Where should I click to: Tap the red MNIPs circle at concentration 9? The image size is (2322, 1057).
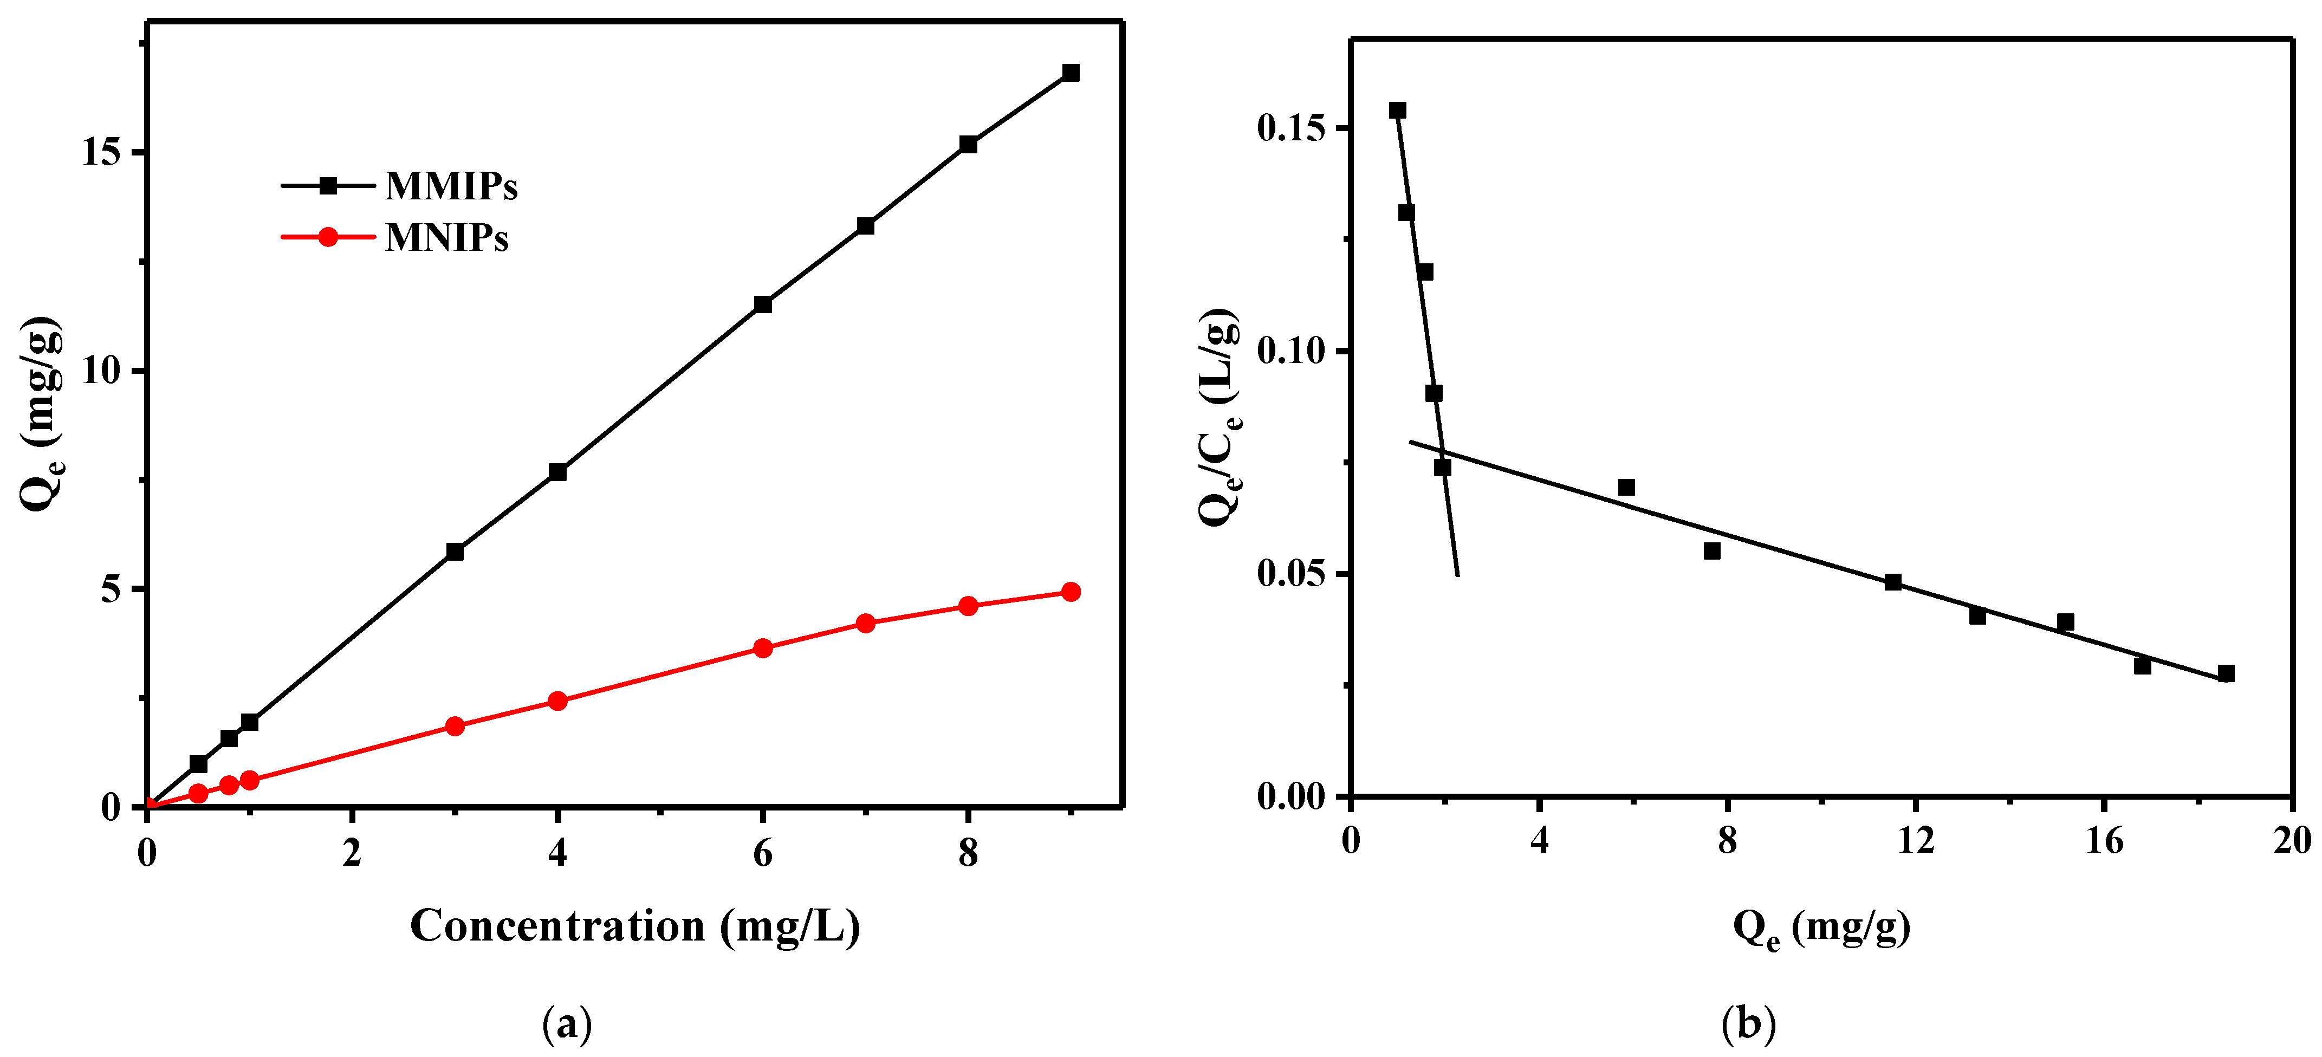(1070, 592)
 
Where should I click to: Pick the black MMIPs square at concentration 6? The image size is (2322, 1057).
(763, 304)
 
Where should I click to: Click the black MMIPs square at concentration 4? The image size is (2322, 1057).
(557, 472)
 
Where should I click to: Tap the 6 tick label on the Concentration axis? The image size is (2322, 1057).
(763, 852)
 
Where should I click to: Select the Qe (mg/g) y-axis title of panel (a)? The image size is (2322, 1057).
(43, 414)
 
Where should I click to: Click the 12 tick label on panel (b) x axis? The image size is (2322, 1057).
(1916, 840)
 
